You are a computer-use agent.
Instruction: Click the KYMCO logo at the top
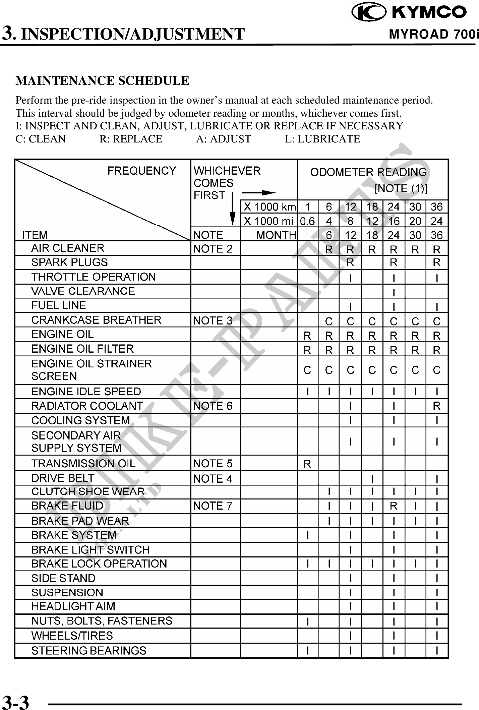(409, 12)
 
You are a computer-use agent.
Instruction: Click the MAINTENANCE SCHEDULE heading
(102, 81)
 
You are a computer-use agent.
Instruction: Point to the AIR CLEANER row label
(68, 248)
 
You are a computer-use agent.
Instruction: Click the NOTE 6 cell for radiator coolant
(213, 406)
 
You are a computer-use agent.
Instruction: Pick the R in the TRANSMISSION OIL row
(307, 464)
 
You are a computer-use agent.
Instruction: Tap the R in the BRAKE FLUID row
(394, 506)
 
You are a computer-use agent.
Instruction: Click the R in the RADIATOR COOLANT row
(436, 406)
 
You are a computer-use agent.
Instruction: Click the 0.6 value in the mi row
(307, 221)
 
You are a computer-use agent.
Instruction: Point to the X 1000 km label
(270, 206)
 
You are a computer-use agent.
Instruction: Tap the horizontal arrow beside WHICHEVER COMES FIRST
(258, 193)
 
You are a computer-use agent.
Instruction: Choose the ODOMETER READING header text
(368, 172)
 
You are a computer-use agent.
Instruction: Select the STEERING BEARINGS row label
(89, 651)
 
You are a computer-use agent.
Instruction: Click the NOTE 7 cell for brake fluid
(213, 506)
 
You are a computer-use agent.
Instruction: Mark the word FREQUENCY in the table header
(141, 171)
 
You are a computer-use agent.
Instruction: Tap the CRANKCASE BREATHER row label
(96, 320)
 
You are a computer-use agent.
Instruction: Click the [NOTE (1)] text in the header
(401, 189)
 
